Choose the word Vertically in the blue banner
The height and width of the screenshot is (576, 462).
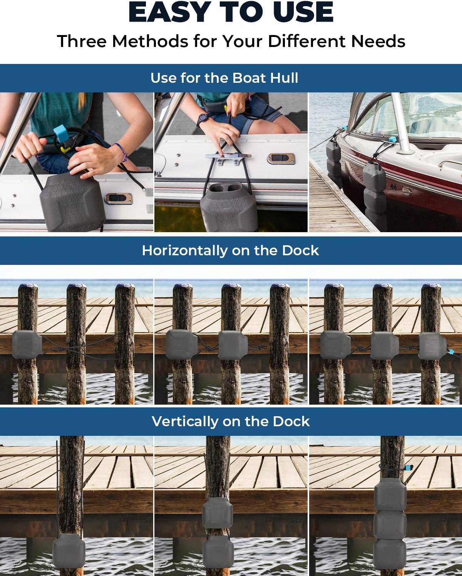(185, 421)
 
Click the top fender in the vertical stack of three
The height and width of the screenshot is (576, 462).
(390, 495)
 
